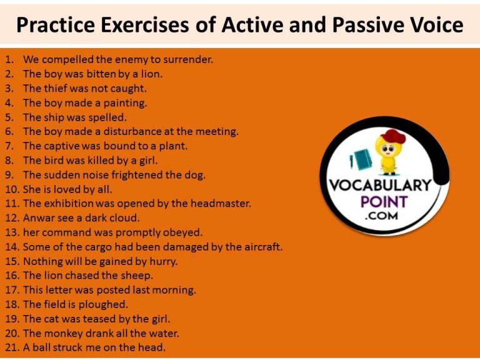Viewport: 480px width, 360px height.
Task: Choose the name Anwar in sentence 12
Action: coord(38,218)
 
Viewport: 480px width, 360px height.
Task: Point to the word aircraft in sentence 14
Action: coord(260,247)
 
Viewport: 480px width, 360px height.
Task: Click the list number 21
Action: coord(12,347)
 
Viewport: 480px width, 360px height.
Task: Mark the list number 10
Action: coord(12,189)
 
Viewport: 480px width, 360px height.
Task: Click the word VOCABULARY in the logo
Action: coord(380,186)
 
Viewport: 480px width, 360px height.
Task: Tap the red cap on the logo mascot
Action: coord(393,136)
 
